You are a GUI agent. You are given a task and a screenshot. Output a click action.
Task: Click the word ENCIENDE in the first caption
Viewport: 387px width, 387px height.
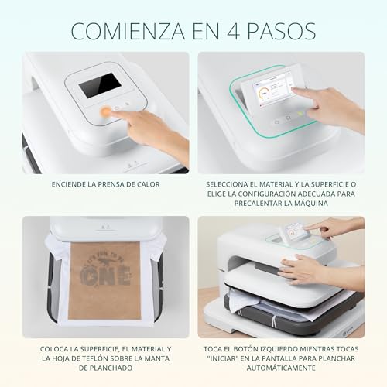click(x=69, y=184)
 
